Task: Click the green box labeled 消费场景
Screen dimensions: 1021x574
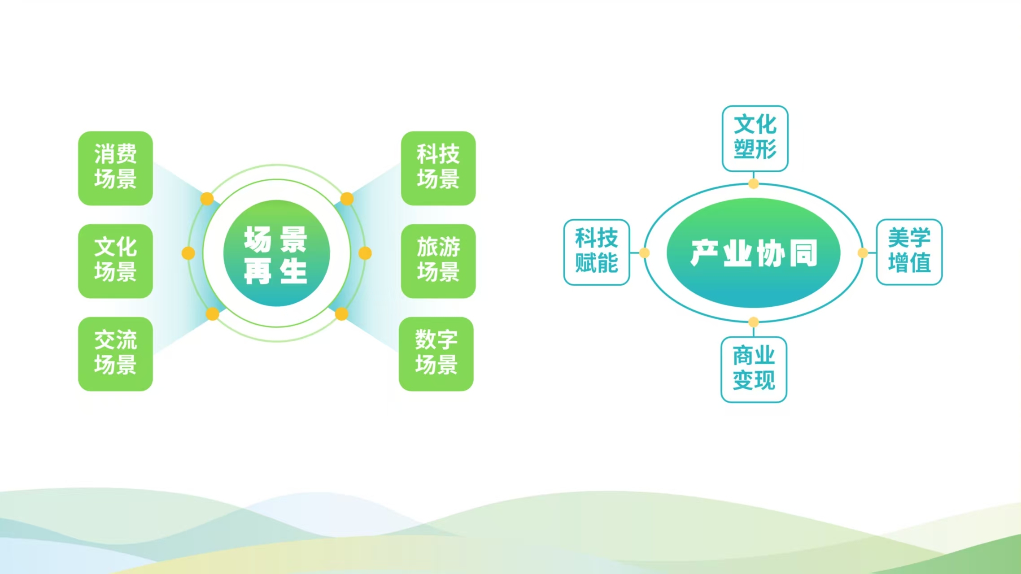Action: pos(115,168)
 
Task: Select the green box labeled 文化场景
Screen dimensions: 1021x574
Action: pos(115,261)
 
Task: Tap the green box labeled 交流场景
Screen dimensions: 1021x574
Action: pos(115,354)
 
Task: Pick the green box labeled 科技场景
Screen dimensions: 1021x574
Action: pos(438,168)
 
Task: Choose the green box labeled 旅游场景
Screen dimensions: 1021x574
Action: pos(438,261)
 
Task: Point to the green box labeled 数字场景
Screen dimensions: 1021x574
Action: pos(436,354)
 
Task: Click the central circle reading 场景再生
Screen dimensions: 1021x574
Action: pos(276,253)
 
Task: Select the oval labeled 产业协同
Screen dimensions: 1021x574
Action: pos(754,253)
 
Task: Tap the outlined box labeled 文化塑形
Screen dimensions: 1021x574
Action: pos(755,139)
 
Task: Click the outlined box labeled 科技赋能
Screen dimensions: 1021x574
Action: pos(597,252)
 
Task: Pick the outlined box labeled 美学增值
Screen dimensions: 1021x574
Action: pos(909,252)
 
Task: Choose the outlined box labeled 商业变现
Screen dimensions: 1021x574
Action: pos(754,370)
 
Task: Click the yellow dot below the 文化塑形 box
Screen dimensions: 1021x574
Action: pos(754,183)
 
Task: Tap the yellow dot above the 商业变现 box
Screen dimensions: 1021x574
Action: pos(754,322)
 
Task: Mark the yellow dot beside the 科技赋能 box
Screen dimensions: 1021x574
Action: pos(644,253)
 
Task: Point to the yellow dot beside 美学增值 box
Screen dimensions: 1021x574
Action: pos(863,253)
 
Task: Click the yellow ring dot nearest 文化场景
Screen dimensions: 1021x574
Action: pos(188,253)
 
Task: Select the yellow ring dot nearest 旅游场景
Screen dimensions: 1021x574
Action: pos(365,253)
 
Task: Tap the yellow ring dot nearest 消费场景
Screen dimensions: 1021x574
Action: pos(207,199)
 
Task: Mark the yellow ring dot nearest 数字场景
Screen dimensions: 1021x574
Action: pos(341,314)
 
